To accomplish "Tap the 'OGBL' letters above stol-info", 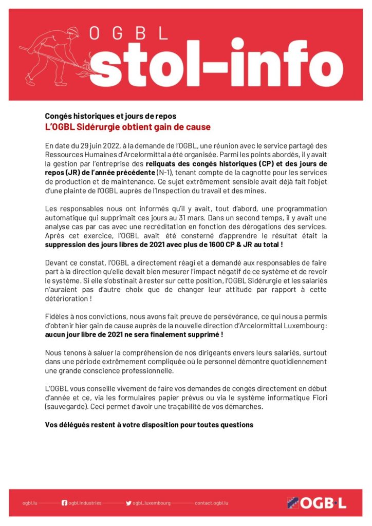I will (x=128, y=34).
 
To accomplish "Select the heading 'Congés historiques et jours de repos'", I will (x=110, y=116).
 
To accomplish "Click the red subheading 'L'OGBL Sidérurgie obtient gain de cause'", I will (x=127, y=127).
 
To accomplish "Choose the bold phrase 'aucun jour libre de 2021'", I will (x=92, y=334).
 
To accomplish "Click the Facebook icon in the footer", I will (x=64, y=503).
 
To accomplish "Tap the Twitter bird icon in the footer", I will (x=128, y=503).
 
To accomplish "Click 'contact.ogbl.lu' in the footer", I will (x=211, y=503).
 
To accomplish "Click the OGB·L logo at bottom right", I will (x=317, y=502).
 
